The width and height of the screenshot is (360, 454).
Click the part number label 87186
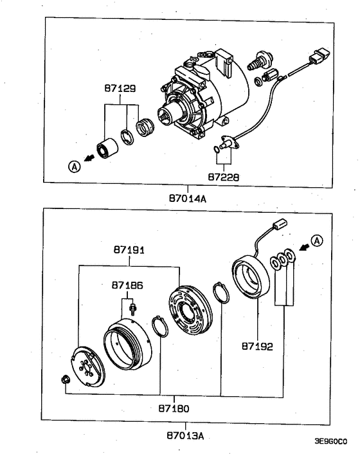click(x=127, y=284)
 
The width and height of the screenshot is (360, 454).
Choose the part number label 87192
click(x=258, y=346)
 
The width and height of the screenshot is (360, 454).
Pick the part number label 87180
click(x=173, y=407)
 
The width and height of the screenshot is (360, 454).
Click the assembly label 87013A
click(x=185, y=435)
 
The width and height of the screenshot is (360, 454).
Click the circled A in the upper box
click(x=75, y=167)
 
